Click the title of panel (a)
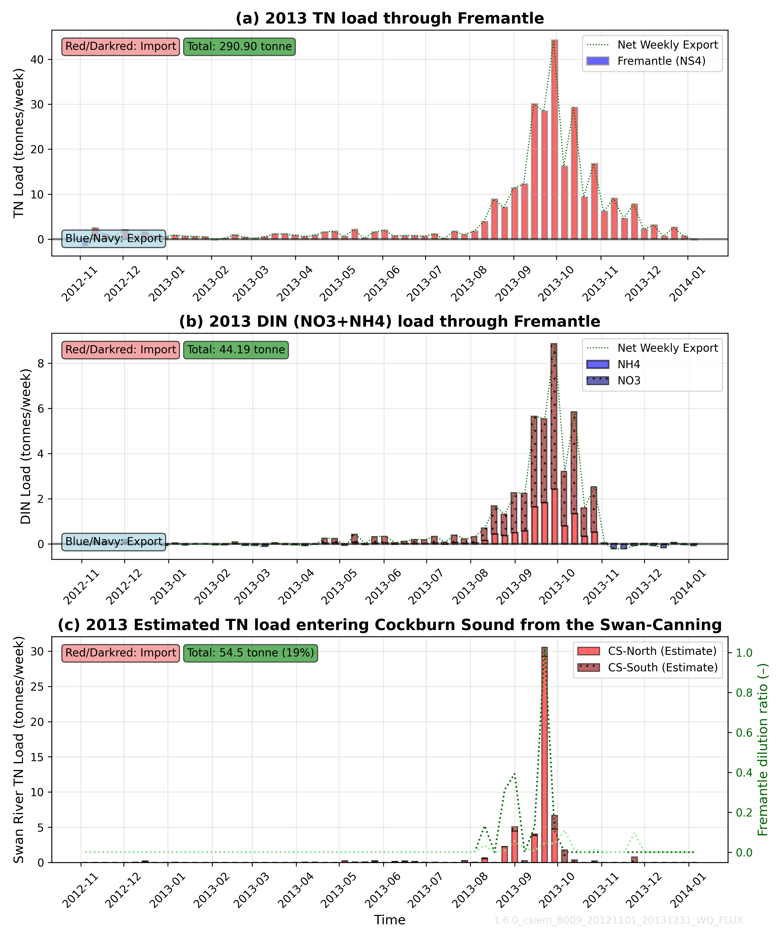coord(390,18)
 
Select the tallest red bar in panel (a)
coord(554,139)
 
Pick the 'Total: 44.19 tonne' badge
coord(236,350)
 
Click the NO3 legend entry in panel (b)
coord(629,380)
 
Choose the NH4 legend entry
coord(629,364)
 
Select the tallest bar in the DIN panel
coord(554,443)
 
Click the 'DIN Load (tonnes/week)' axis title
coord(26,446)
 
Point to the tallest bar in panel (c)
coord(544,756)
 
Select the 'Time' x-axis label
coord(390,920)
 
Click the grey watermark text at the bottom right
coord(618,920)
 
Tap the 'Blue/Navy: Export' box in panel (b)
coord(114,541)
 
